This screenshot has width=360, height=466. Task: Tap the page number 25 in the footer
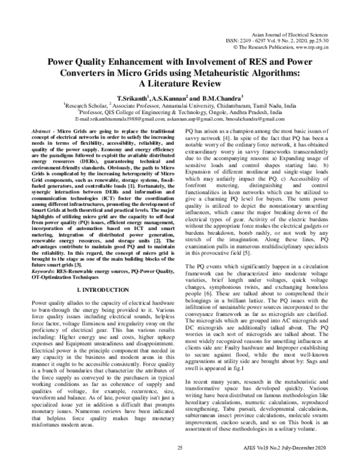[x=179, y=448]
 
